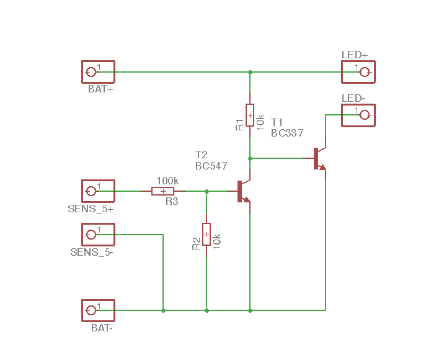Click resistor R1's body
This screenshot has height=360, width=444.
point(250,115)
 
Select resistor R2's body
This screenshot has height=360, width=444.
point(206,235)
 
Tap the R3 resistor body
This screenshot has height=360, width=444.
point(163,191)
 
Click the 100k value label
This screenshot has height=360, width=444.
point(167,181)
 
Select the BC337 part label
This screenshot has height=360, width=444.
point(287,133)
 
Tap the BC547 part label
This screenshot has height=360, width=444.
point(211,166)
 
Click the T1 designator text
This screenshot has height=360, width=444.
point(277,122)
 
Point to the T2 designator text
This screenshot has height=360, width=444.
point(202,155)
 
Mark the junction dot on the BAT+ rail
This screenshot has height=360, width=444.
point(250,72)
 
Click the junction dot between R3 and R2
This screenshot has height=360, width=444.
point(206,192)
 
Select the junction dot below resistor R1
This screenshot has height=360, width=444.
point(250,158)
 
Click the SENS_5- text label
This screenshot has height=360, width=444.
point(92,252)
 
